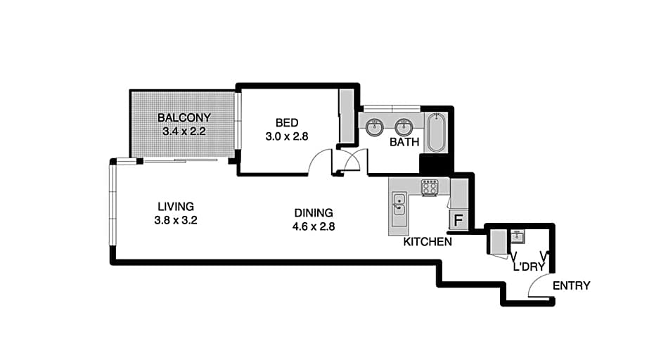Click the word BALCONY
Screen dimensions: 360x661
[184, 117]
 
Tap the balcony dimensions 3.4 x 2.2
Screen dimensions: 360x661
[184, 131]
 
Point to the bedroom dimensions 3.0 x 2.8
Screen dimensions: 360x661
[286, 136]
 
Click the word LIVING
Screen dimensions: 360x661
[175, 206]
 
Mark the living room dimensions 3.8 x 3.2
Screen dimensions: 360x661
[175, 219]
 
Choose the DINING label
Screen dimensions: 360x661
[313, 212]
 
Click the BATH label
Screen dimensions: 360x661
[404, 142]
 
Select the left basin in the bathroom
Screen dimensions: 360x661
[375, 127]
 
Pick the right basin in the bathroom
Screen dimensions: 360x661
[403, 127]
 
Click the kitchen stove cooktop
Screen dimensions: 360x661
[430, 186]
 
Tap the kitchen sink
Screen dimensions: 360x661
[399, 202]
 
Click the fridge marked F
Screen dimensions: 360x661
[458, 220]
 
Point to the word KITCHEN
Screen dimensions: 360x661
[427, 242]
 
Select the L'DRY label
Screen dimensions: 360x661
[530, 267]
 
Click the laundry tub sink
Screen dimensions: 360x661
[518, 236]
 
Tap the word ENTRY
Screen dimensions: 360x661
[571, 285]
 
